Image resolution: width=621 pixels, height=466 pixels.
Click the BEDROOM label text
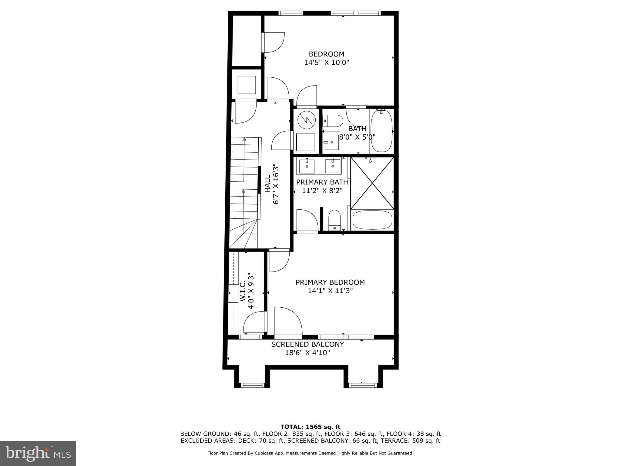point(327,54)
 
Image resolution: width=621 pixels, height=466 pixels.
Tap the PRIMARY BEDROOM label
point(330,282)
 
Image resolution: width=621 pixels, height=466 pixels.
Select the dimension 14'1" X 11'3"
point(330,291)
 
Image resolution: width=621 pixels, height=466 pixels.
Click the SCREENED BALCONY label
point(307,344)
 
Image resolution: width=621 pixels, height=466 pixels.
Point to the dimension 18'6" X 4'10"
point(307,353)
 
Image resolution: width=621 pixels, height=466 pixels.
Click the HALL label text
point(267,184)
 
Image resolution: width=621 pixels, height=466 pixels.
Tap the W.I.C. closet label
point(243,291)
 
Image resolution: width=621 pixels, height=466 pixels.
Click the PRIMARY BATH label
point(322,182)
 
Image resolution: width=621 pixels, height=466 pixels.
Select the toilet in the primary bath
point(335,220)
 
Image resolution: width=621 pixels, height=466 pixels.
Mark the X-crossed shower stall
point(372,183)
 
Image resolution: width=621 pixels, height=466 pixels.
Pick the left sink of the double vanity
point(307,166)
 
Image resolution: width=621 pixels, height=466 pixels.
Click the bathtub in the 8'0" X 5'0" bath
point(382,131)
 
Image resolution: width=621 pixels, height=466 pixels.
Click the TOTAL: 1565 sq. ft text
point(310,427)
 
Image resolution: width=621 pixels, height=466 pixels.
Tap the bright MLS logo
point(38,453)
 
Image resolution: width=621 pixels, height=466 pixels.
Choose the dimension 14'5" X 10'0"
point(327,62)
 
